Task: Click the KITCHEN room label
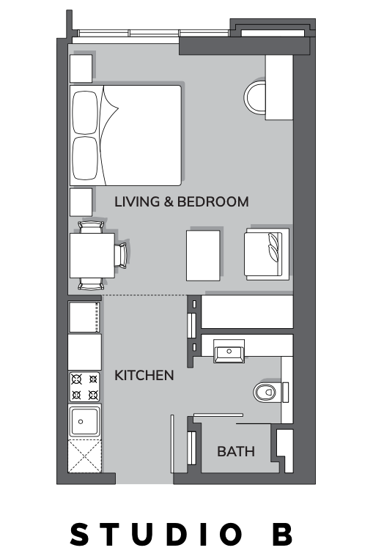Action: (x=144, y=375)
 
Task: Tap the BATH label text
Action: (x=236, y=451)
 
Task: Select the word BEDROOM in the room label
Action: (x=213, y=201)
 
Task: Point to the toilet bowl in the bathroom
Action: (x=265, y=392)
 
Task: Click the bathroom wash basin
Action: (x=229, y=352)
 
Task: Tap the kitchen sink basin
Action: (x=84, y=421)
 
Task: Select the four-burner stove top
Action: (x=84, y=387)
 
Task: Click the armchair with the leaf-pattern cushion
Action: (x=267, y=254)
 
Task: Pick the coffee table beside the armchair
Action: (x=203, y=256)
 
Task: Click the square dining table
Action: (x=92, y=256)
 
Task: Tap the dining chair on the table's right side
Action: (x=121, y=256)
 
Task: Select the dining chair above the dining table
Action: (x=91, y=227)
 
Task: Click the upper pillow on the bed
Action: (x=85, y=113)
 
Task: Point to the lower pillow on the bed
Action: (x=85, y=158)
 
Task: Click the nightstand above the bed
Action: (x=81, y=68)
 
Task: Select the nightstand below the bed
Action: (x=81, y=202)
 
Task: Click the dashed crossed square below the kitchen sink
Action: (x=84, y=456)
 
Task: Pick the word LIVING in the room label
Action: (x=137, y=201)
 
